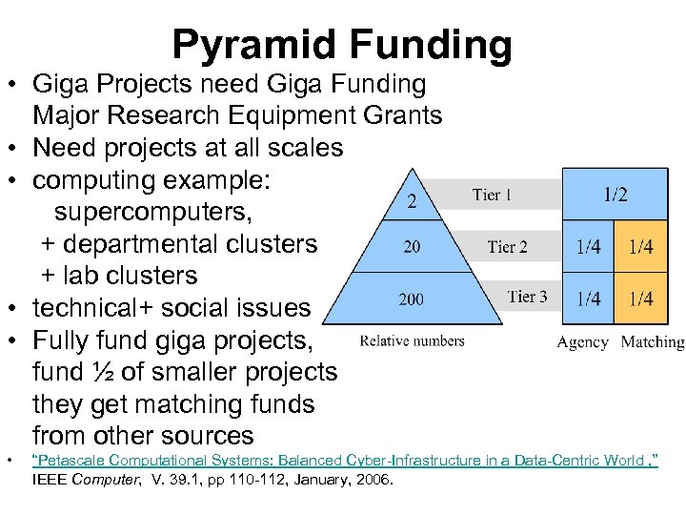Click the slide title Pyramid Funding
(342, 44)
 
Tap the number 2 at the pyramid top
(412, 200)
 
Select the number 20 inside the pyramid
(412, 247)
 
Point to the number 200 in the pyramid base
(411, 299)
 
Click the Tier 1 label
(492, 196)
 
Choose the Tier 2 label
(507, 247)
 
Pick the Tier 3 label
(527, 297)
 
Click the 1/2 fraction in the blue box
(615, 195)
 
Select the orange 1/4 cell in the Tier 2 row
(640, 247)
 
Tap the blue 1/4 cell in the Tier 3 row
(588, 299)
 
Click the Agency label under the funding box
(582, 342)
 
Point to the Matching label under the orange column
(653, 342)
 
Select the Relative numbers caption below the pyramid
(413, 340)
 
